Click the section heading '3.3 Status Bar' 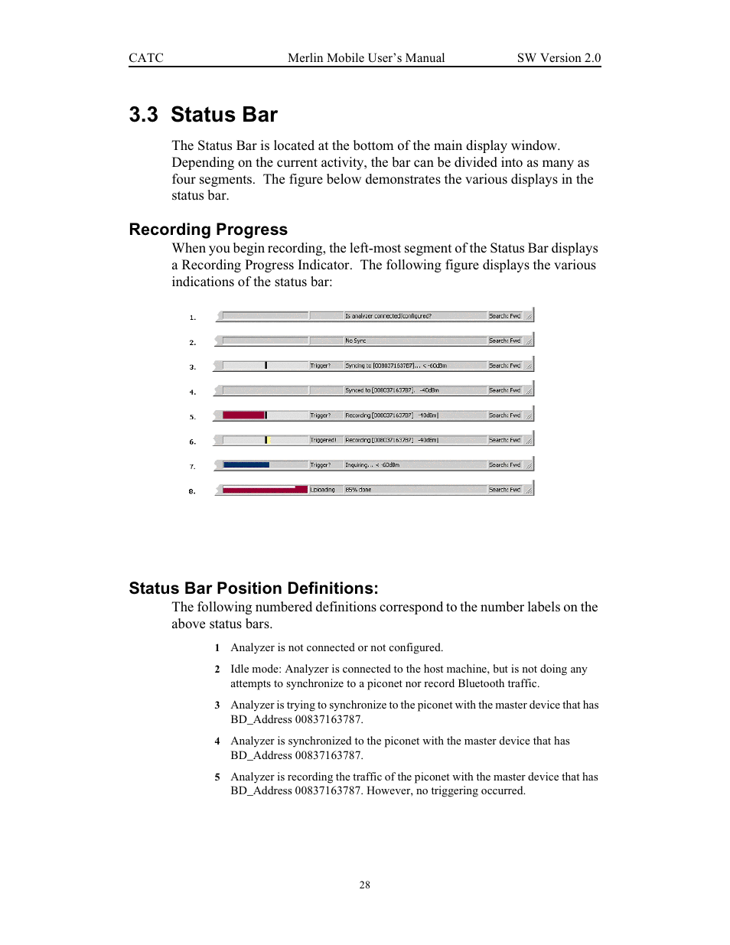click(x=203, y=115)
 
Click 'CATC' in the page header click(x=145, y=58)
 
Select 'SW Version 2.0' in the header click(x=559, y=58)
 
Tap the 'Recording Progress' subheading click(x=208, y=230)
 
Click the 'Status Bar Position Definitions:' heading click(x=253, y=588)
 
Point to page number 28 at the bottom click(x=364, y=885)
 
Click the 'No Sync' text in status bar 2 click(x=356, y=341)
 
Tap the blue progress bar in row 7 click(x=246, y=464)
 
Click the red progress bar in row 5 click(x=243, y=415)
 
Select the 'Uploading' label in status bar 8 click(x=322, y=490)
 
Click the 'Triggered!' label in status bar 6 click(x=323, y=440)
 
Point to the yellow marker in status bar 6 click(x=270, y=440)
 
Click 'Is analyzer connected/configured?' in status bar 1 click(x=388, y=316)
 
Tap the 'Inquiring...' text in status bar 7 click(x=359, y=465)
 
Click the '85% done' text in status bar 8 click(x=358, y=490)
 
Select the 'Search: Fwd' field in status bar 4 click(x=504, y=390)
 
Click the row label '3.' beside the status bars click(x=193, y=367)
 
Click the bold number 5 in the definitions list click(x=217, y=777)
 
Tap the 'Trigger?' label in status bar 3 click(x=321, y=366)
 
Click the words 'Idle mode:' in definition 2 click(x=256, y=670)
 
